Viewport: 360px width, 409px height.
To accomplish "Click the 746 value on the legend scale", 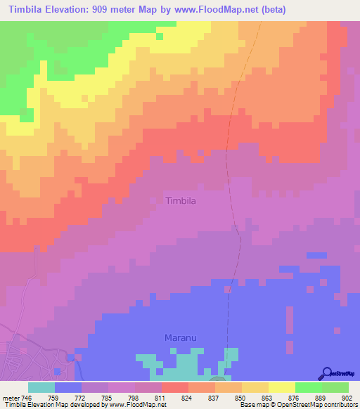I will (x=27, y=397).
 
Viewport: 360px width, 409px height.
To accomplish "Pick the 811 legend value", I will (x=161, y=397).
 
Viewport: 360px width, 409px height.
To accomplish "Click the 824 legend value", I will (x=188, y=397).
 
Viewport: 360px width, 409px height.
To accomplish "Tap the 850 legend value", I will (x=241, y=397).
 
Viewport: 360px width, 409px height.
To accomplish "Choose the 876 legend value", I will (x=295, y=397).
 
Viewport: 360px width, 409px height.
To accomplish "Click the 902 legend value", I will (x=348, y=397).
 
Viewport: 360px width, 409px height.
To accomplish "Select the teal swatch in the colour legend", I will (x=41, y=387).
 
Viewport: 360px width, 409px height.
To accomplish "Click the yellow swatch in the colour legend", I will (x=281, y=387).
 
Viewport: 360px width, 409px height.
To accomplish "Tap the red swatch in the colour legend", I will (x=174, y=387).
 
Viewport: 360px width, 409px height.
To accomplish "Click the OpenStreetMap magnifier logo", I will (x=326, y=373).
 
